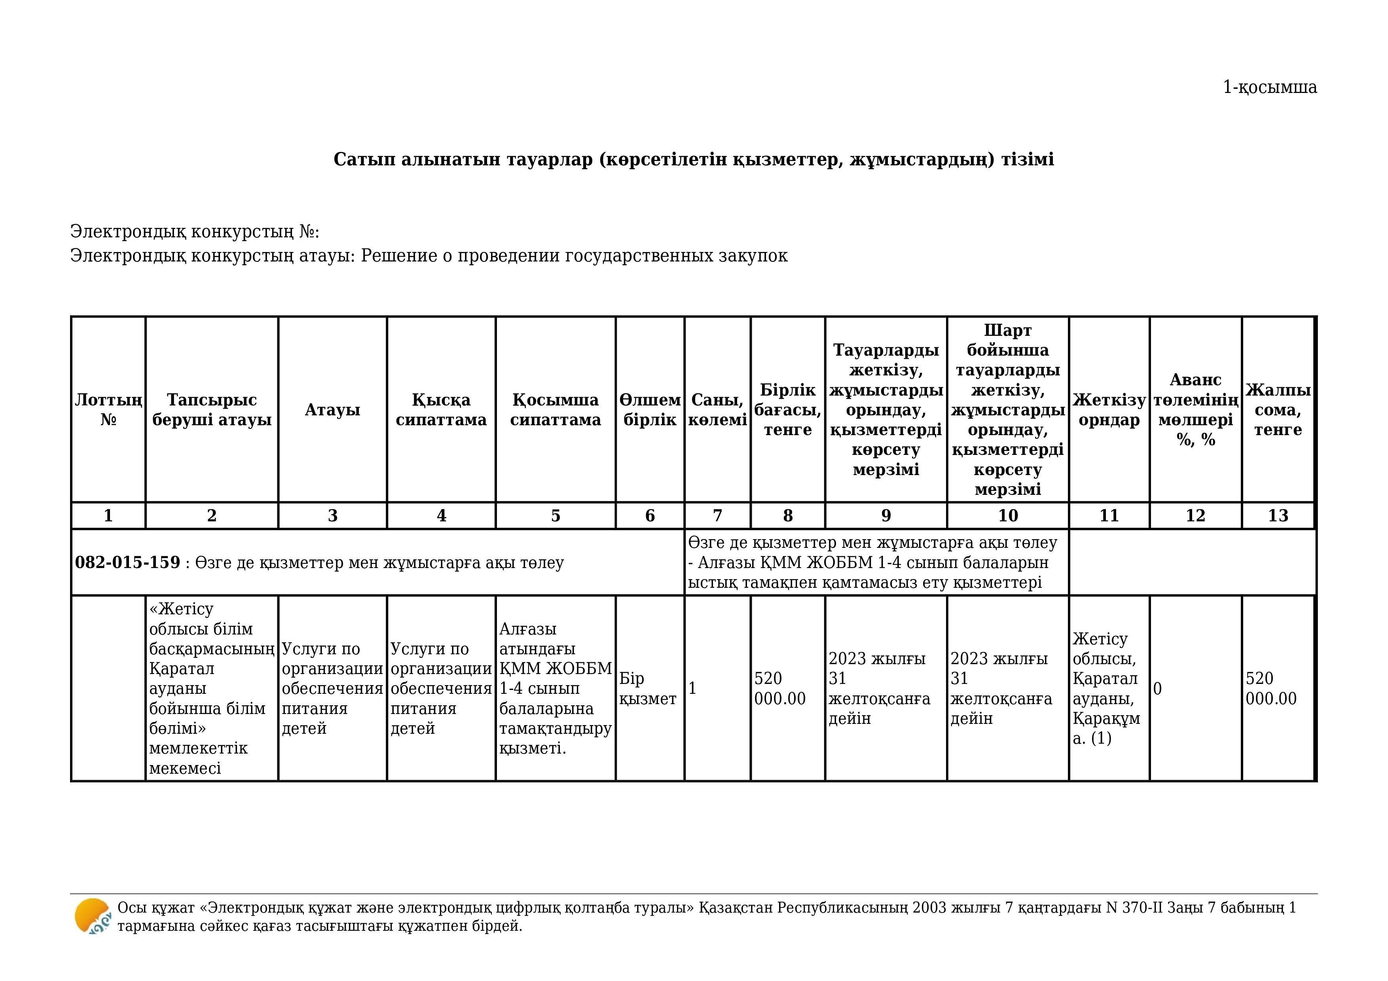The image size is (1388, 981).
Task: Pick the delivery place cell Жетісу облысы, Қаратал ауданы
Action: (x=1106, y=688)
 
